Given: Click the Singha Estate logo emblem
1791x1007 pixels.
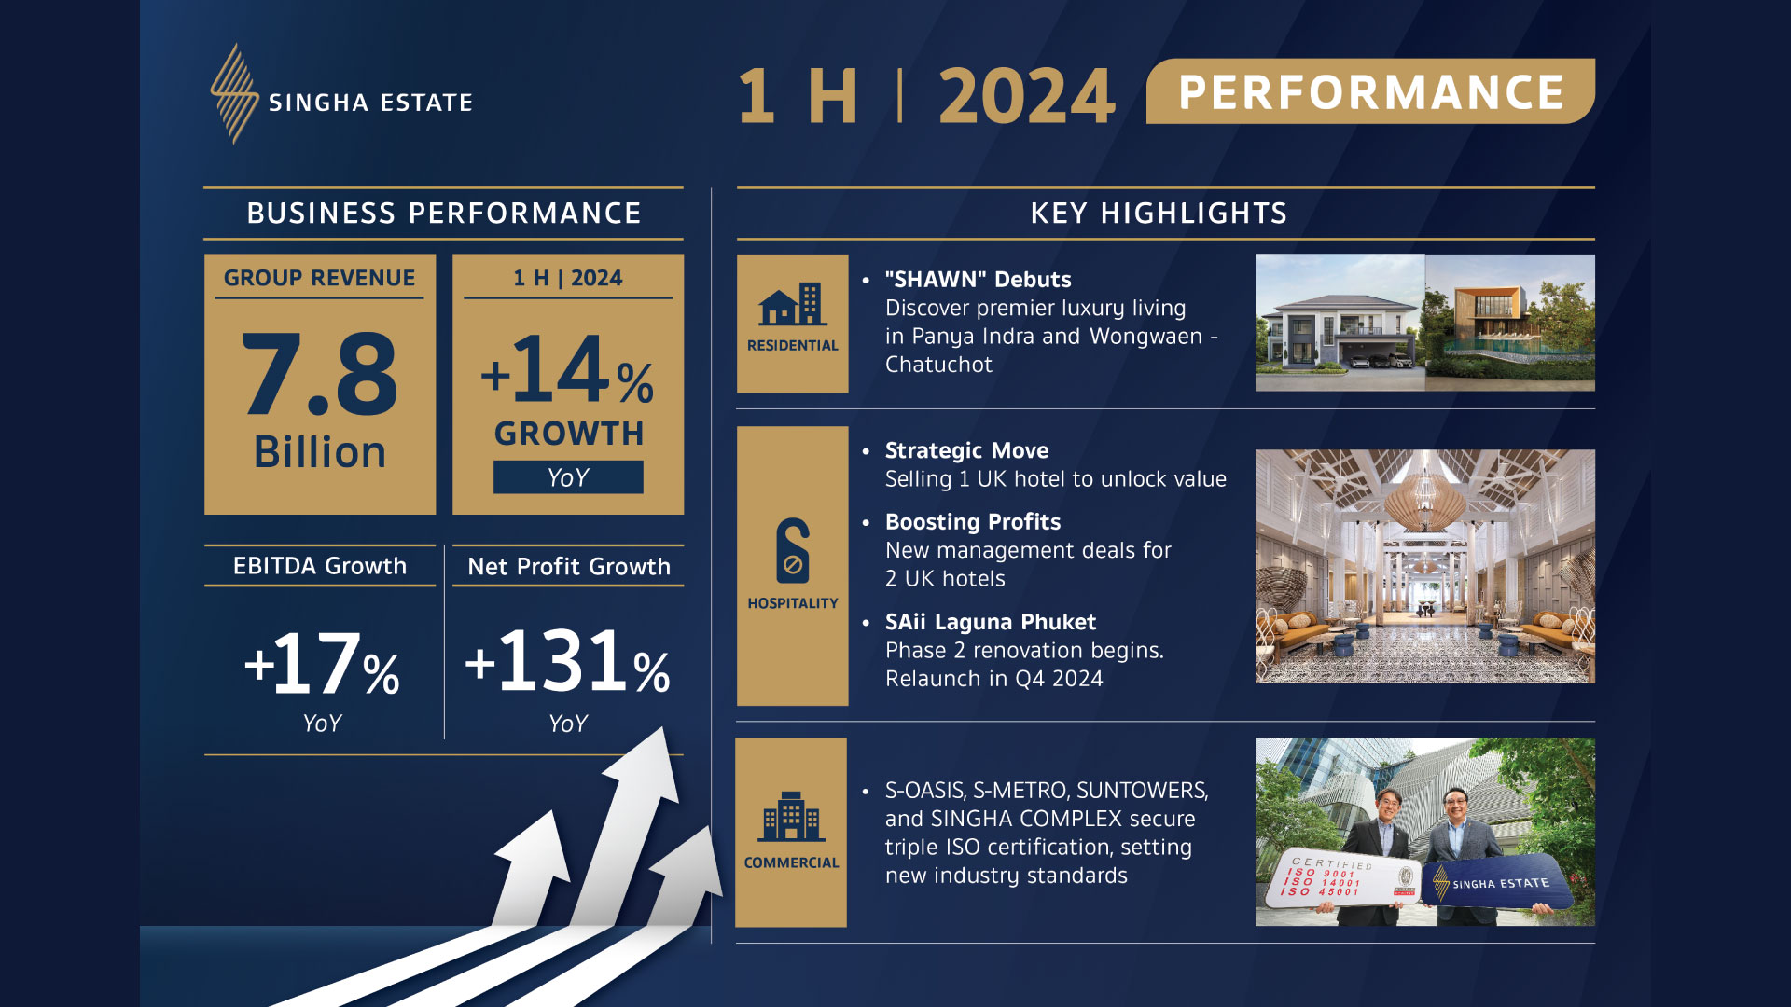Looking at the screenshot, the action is click(x=234, y=93).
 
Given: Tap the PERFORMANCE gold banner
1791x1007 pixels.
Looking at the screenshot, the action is click(x=1370, y=91).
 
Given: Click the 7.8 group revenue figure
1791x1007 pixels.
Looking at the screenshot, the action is click(x=320, y=374).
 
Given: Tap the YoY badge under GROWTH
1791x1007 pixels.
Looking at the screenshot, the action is click(x=568, y=477).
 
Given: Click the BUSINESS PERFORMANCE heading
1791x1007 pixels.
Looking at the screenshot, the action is click(x=444, y=214).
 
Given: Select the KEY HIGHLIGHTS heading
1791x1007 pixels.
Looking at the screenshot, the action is click(x=1159, y=214).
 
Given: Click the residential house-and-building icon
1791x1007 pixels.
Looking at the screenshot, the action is click(x=791, y=304).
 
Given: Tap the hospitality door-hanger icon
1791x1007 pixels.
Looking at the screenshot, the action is click(x=793, y=550).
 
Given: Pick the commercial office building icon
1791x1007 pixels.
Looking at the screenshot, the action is click(x=791, y=817).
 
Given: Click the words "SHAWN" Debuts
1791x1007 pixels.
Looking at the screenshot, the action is click(x=978, y=280).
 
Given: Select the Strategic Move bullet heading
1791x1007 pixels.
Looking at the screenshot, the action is click(x=966, y=451).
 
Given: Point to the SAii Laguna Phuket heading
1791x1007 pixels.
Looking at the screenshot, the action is click(x=990, y=622).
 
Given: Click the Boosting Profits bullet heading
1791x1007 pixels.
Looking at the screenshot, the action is click(x=972, y=522).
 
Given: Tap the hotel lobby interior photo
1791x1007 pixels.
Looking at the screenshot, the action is click(x=1424, y=567).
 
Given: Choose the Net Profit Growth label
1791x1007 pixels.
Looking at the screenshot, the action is click(x=569, y=567).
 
